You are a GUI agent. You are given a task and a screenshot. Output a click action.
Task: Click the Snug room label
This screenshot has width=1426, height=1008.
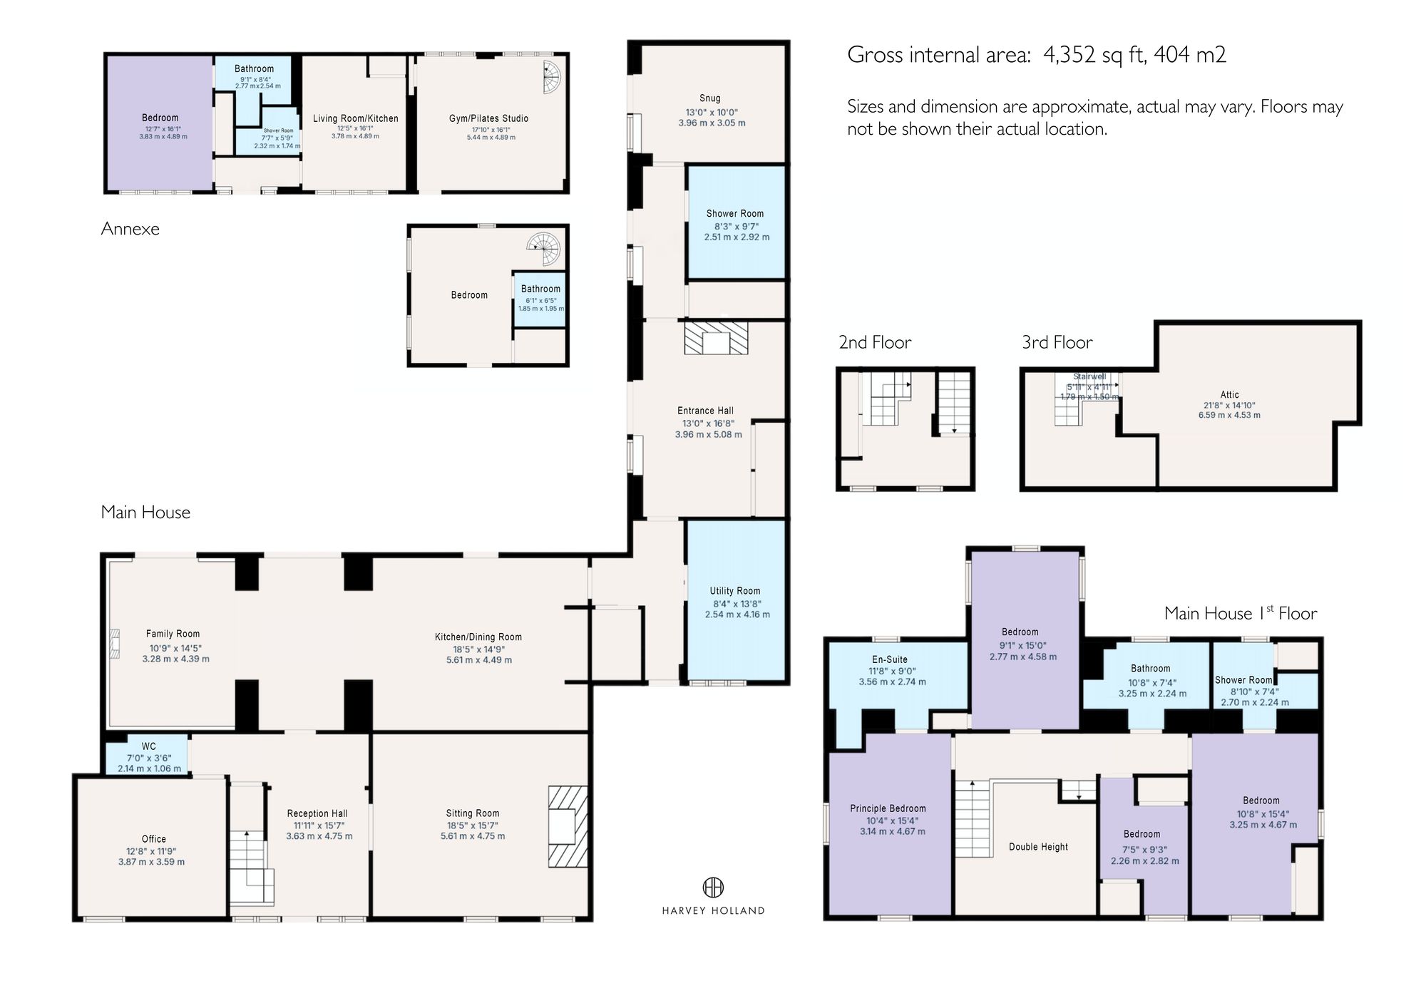709,98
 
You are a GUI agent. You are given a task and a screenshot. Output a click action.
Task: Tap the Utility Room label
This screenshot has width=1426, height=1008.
734,590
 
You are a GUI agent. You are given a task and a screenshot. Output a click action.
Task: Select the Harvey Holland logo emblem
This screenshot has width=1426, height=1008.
713,888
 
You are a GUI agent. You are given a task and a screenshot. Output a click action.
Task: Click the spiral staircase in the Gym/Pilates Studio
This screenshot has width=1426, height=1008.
551,78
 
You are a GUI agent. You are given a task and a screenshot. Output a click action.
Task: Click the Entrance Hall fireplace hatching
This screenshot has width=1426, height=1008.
716,338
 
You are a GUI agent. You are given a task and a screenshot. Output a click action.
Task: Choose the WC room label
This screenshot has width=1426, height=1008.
148,747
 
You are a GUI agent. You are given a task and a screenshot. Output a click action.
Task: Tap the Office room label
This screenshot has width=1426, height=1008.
153,839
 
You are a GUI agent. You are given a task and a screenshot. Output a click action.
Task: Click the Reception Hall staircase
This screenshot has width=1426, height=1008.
251,866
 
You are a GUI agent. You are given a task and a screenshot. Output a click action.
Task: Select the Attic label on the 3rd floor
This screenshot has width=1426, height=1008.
1229,394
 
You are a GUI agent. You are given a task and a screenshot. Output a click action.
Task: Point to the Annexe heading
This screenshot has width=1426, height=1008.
130,229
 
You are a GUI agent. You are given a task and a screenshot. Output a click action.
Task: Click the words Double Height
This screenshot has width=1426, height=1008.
1038,847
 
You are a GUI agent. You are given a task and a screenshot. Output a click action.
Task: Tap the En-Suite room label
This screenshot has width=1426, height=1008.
890,659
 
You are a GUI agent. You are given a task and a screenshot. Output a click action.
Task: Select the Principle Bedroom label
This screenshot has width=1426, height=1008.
888,808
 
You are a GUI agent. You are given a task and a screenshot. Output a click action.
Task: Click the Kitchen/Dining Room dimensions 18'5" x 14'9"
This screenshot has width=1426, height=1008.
478,649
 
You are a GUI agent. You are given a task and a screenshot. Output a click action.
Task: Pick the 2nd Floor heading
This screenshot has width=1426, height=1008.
875,343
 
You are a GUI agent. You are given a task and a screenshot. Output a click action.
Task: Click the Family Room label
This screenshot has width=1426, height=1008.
173,634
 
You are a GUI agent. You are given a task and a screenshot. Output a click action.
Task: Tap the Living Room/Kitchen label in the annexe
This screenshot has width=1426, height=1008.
355,118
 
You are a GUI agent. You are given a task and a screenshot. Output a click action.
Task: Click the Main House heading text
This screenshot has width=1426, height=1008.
145,513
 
